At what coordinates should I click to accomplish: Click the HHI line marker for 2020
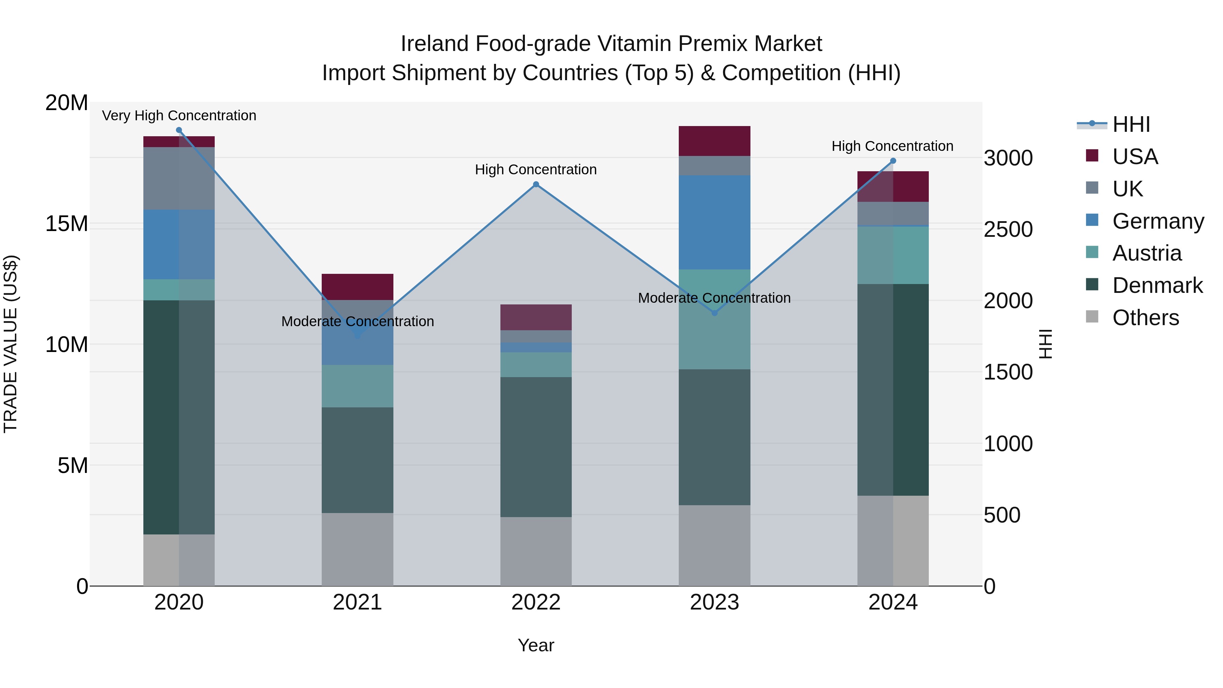[x=179, y=130]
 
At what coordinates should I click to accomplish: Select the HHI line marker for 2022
[x=536, y=184]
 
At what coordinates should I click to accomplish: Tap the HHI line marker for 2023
[x=714, y=313]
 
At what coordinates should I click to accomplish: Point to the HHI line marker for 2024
[x=893, y=161]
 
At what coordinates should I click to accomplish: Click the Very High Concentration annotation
[x=179, y=116]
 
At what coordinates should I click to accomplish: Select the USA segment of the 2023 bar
[x=714, y=141]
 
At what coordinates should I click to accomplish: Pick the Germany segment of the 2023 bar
[x=714, y=222]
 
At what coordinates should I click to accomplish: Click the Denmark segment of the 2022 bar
[x=536, y=447]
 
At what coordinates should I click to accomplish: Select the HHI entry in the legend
[x=1131, y=124]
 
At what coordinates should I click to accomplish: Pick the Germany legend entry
[x=1157, y=221]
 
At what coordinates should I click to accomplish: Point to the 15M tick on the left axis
[x=67, y=224]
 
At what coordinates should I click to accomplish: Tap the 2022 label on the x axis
[x=536, y=602]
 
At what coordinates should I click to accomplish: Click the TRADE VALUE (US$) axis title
[x=11, y=344]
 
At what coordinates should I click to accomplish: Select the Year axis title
[x=536, y=645]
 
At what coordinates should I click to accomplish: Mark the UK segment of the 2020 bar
[x=179, y=178]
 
